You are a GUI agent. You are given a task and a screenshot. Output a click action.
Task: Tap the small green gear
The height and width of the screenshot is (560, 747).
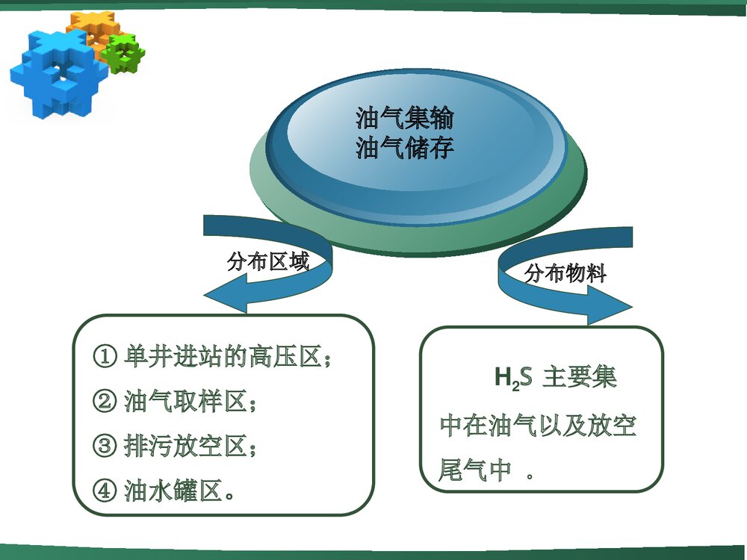123,53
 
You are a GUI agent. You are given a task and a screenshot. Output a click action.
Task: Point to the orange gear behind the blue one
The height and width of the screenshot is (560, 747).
89,26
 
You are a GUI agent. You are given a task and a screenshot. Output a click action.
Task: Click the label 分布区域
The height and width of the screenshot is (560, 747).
267,261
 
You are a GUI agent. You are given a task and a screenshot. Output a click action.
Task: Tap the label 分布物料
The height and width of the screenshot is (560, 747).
565,273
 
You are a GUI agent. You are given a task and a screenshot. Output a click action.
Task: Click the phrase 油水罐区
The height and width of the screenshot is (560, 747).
173,492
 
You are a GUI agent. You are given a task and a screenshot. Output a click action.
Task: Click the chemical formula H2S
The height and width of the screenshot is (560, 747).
512,378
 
